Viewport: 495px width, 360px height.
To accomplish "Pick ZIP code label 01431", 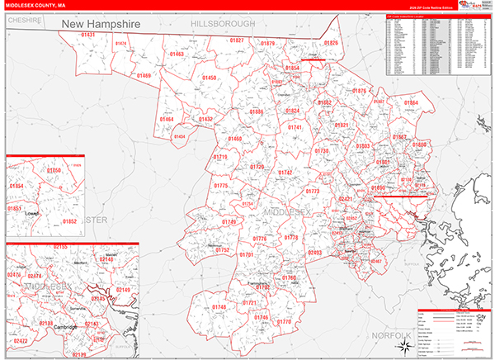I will coord(88,35).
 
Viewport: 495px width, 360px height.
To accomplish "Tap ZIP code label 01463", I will coord(177,54).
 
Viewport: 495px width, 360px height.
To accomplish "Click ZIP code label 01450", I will coord(209,78).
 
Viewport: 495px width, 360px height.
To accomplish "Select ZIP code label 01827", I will coord(237,40).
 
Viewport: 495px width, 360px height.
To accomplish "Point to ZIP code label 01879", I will coord(267,43).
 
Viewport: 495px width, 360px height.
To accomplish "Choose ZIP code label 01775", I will coord(221,186).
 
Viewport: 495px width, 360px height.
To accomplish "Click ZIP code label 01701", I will coord(246,255).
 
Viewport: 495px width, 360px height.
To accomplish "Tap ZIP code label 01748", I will coord(219,307).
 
